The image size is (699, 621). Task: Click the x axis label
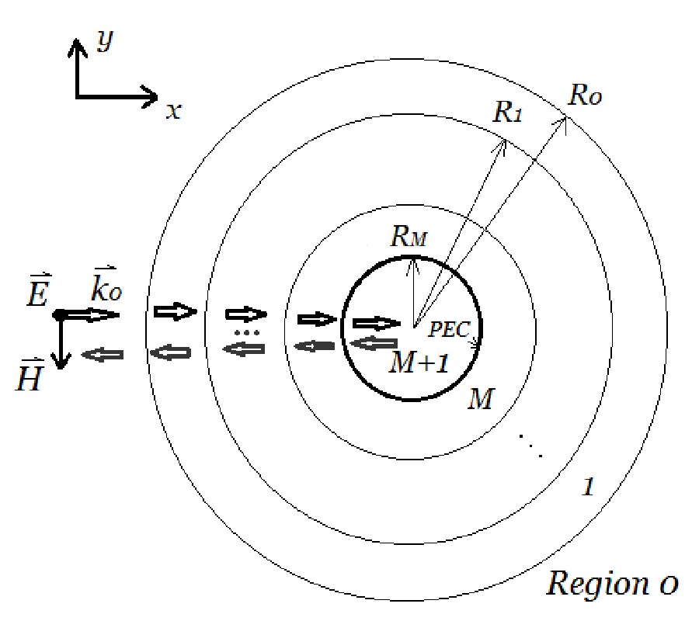173,111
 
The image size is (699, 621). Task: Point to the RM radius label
408,238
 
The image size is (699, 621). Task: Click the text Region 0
612,581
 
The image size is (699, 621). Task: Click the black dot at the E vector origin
58,314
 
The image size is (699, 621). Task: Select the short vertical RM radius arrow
415,287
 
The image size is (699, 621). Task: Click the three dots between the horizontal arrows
245,332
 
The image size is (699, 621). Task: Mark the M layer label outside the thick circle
482,401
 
